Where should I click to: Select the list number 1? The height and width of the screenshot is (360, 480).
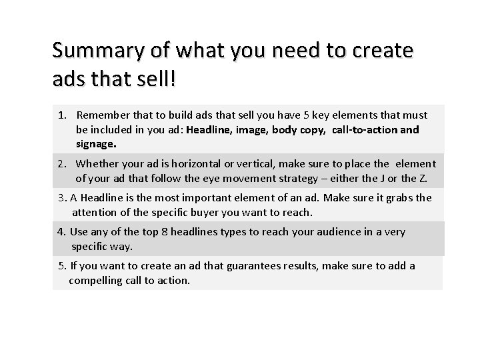[x=62, y=115]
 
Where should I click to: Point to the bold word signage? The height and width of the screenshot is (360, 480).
[x=95, y=143]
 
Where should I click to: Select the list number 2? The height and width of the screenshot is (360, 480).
[x=62, y=164]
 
